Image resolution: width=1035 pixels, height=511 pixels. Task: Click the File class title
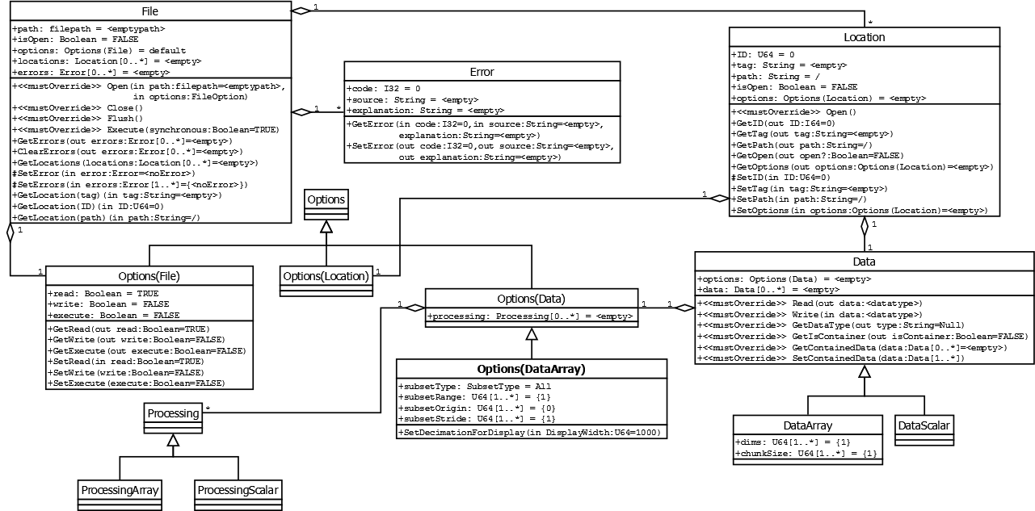pos(149,11)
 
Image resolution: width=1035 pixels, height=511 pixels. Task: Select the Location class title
pos(864,37)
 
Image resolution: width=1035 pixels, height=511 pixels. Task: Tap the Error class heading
pos(482,72)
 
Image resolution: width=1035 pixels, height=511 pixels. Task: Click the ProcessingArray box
pos(120,489)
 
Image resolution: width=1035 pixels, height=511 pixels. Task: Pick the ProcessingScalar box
pos(240,489)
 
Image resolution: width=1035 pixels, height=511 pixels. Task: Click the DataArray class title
pos(807,425)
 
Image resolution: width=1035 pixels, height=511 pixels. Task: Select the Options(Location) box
pos(326,276)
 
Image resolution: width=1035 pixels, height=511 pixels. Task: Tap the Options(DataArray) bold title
pos(531,369)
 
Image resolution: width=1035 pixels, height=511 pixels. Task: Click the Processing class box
pos(173,414)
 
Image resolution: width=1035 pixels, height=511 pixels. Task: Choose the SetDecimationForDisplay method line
pos(530,433)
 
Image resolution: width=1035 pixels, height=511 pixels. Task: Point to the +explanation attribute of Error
pos(426,110)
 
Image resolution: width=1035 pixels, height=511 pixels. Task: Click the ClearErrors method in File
pos(122,151)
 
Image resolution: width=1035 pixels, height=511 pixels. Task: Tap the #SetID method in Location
pos(792,177)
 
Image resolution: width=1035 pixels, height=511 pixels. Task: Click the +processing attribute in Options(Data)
pos(530,316)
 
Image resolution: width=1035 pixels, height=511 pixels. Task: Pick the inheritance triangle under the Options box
pos(326,228)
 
